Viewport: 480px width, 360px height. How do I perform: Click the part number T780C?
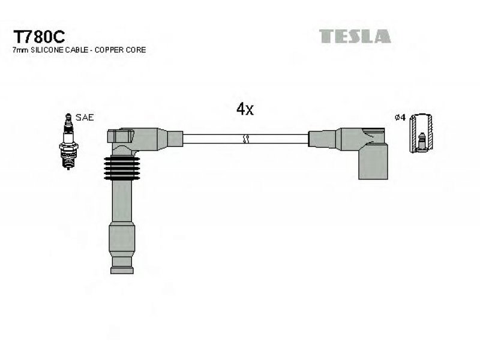[39, 37]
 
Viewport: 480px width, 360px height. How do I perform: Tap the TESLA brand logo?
[355, 36]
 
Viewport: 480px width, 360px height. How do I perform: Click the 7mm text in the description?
[20, 50]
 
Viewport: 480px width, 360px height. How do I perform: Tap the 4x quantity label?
[245, 109]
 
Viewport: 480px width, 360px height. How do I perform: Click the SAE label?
[85, 117]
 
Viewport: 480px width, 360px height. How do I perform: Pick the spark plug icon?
[68, 141]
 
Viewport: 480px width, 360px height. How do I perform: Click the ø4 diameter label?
[400, 117]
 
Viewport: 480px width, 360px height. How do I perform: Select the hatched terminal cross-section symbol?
[421, 133]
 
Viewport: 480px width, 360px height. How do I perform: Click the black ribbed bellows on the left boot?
[122, 168]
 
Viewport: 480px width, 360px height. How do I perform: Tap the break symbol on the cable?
[245, 139]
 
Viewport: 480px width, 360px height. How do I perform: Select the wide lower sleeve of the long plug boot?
[122, 239]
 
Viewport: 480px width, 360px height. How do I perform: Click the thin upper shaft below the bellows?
[122, 201]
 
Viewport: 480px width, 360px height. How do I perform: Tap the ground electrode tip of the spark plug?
[68, 167]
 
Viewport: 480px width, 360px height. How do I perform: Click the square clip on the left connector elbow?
[121, 136]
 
